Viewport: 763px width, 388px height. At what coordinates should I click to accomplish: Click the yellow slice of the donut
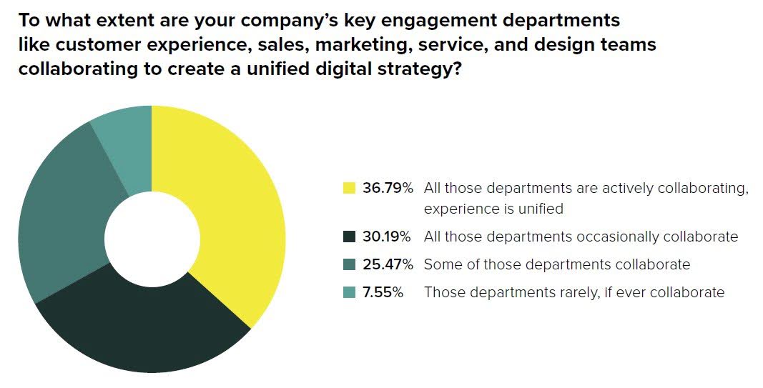pos(229,207)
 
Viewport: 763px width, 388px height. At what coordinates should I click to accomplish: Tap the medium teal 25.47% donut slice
pos(61,214)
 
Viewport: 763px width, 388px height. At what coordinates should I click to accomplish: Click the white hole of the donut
pos(152,239)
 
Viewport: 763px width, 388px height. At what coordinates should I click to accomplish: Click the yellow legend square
pos(350,189)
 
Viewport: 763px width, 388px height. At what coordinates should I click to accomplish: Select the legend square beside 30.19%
pos(350,237)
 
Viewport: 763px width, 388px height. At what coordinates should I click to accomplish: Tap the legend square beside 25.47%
pos(350,264)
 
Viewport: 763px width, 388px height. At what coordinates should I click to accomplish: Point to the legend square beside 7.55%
pos(350,292)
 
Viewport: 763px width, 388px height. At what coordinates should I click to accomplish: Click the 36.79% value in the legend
pos(388,189)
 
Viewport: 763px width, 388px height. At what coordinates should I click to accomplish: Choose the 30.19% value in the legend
pos(388,237)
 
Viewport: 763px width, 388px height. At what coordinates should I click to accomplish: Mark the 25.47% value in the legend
pos(388,264)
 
